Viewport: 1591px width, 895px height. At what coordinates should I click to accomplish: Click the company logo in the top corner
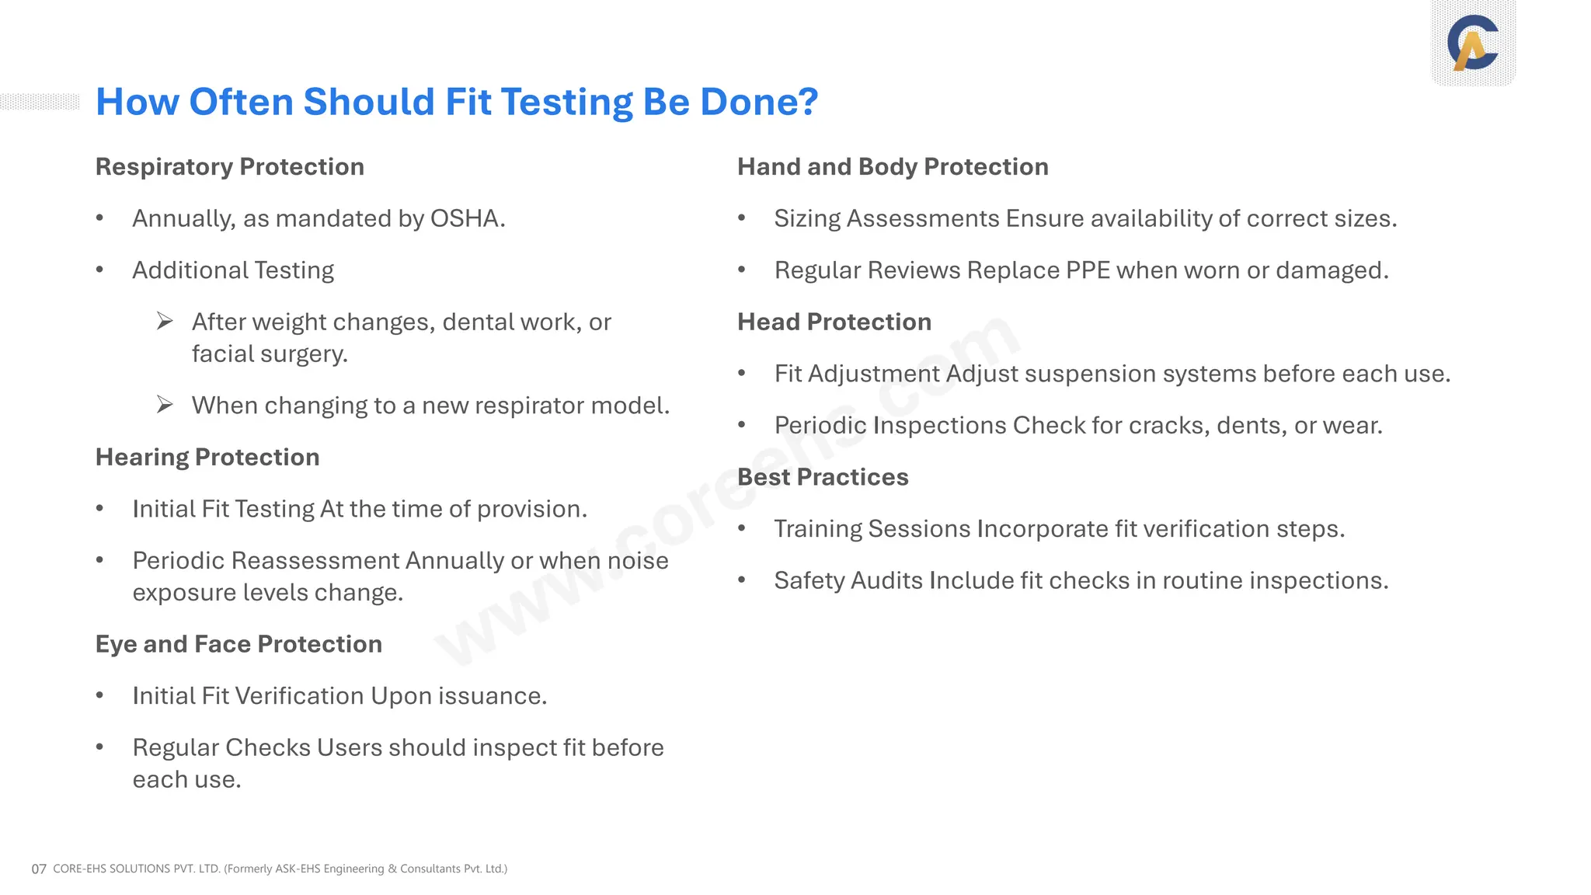(x=1473, y=43)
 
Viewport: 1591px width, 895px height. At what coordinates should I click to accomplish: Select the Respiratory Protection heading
(x=229, y=167)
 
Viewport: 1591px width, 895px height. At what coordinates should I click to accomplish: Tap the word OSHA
(x=465, y=219)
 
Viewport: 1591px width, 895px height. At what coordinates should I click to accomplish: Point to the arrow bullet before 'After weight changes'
(x=165, y=321)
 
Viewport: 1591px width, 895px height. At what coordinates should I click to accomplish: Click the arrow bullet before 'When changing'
(x=165, y=405)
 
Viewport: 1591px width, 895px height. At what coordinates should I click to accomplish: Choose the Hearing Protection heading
(x=207, y=458)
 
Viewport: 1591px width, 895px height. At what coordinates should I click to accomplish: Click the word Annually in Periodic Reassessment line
(x=454, y=561)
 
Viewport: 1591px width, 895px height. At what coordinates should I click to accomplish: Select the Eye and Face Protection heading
(x=238, y=644)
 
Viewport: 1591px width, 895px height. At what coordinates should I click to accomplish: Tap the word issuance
(x=492, y=696)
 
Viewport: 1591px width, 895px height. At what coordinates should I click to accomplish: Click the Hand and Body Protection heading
(x=893, y=167)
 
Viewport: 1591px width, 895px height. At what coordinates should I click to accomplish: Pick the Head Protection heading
(x=834, y=322)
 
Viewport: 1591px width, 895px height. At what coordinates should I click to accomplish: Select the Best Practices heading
(x=823, y=477)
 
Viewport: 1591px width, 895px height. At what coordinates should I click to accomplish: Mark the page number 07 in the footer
(x=39, y=869)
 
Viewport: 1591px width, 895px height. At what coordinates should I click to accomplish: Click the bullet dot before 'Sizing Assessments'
(x=742, y=218)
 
